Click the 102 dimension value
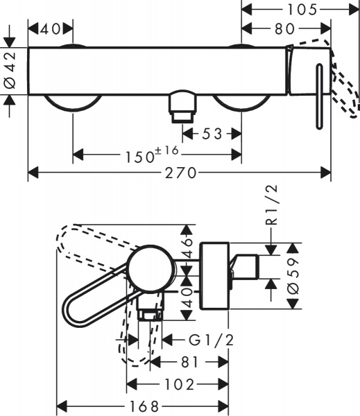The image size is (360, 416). pyautogui.click(x=178, y=384)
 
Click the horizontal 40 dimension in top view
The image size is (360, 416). pyautogui.click(x=50, y=29)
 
